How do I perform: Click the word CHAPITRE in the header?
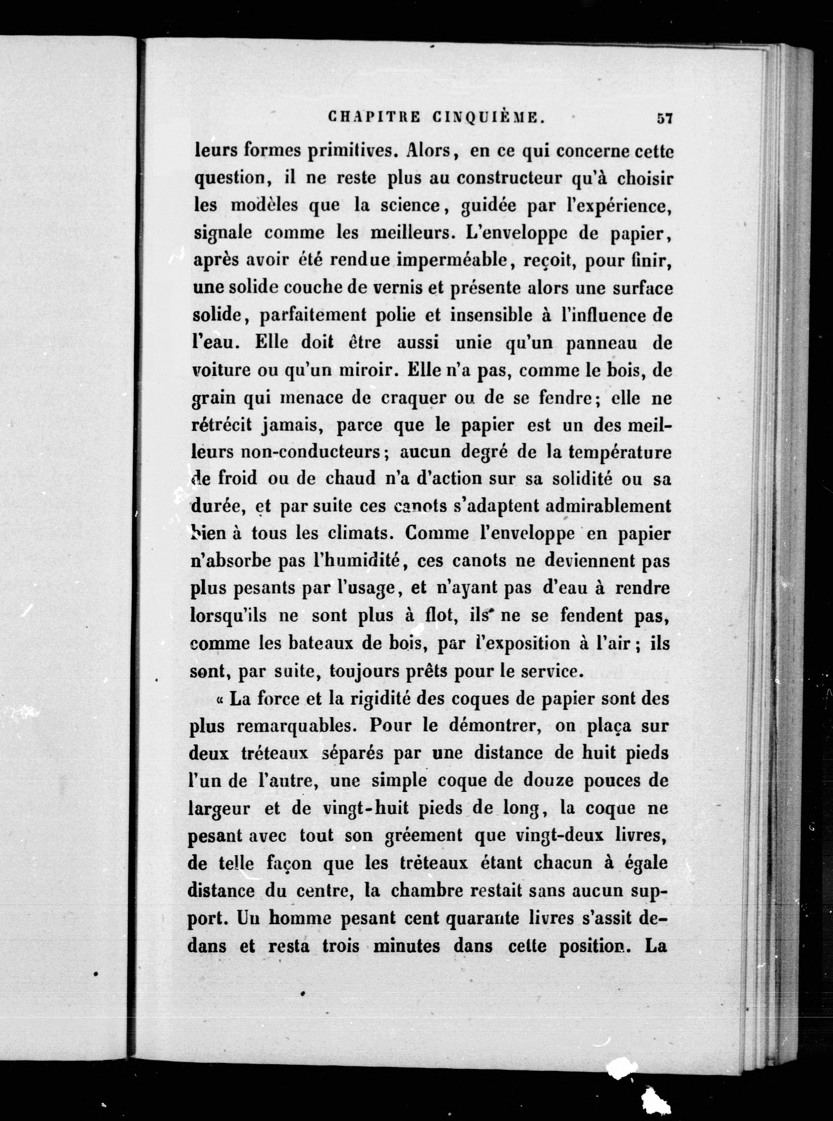click(374, 118)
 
